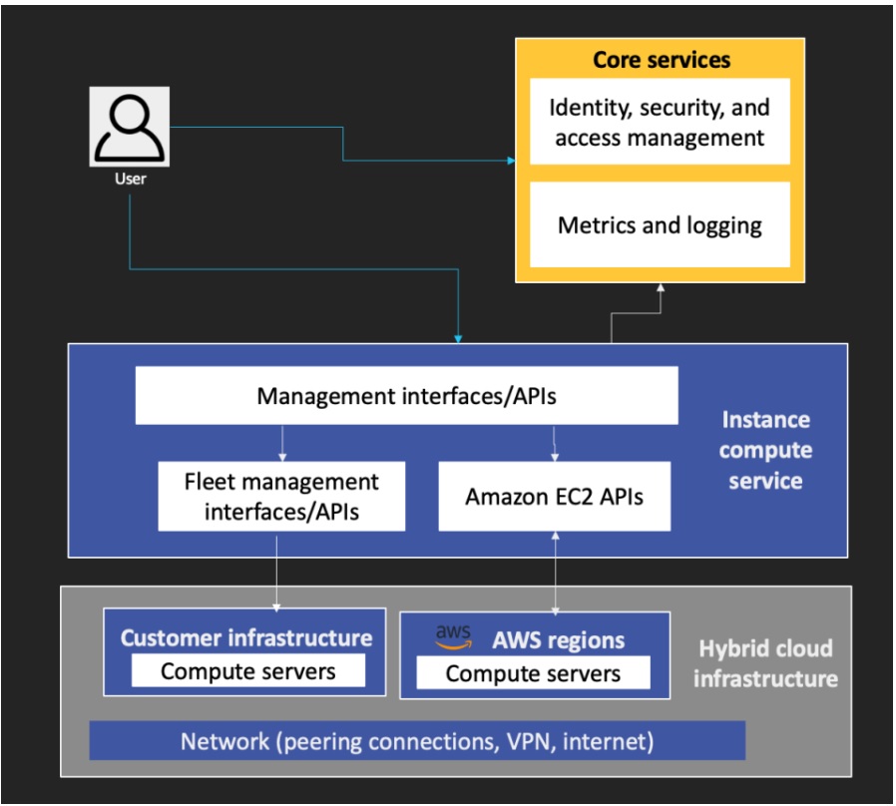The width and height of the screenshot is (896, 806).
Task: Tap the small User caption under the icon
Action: coord(130,180)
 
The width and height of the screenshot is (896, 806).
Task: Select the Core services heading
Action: coord(662,60)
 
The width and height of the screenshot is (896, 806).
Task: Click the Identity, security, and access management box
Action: coord(660,122)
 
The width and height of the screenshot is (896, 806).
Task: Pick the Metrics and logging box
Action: coord(660,225)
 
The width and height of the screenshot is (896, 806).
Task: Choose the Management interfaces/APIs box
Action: coord(406,396)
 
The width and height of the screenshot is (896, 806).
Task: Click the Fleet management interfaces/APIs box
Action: coord(281,496)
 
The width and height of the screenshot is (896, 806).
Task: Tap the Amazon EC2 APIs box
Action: coord(554,496)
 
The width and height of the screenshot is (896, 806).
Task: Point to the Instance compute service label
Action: coord(765,450)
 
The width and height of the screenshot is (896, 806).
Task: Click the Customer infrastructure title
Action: coord(245,638)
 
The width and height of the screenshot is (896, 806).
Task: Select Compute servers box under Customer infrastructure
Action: coord(247,671)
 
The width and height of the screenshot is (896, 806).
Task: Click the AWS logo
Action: coord(454,637)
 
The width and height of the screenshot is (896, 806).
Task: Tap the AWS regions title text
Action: coord(558,640)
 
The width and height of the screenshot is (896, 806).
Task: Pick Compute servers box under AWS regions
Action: coord(533,673)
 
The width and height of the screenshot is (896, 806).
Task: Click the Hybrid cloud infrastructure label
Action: coord(765,663)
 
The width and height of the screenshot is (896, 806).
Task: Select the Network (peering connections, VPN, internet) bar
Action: coord(417,741)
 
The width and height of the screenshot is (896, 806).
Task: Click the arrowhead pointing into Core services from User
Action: coord(511,160)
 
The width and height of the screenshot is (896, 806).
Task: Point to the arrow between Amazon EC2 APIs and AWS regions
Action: coord(555,572)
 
